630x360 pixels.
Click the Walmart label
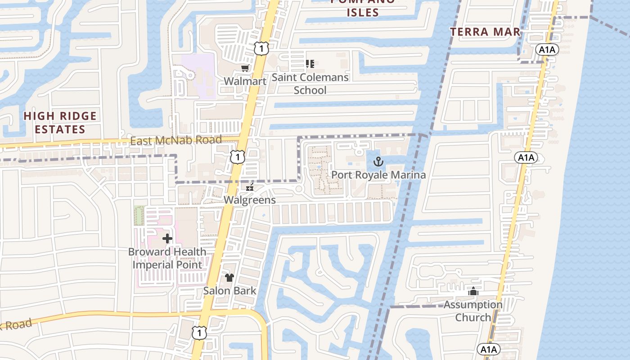[245, 81]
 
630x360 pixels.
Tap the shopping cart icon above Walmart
[245, 68]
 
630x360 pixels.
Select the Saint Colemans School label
[310, 84]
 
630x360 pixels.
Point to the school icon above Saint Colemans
[310, 64]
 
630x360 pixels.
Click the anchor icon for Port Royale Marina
[378, 161]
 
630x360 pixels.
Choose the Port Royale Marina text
[378, 175]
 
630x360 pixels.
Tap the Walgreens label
[250, 200]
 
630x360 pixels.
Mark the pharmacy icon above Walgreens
[250, 188]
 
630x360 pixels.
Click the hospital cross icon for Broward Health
[167, 238]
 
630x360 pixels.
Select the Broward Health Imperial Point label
[167, 258]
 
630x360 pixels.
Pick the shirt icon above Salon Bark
[229, 278]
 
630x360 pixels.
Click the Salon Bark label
[229, 291]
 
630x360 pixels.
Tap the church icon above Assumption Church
[473, 292]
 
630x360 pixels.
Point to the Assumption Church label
[473, 311]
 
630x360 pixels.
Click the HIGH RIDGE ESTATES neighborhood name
[60, 123]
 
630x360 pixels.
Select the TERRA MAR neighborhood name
[486, 32]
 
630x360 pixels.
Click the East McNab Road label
[176, 140]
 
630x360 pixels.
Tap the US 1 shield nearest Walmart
[261, 48]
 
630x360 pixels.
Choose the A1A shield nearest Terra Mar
[547, 49]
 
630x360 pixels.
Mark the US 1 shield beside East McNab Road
[237, 157]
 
